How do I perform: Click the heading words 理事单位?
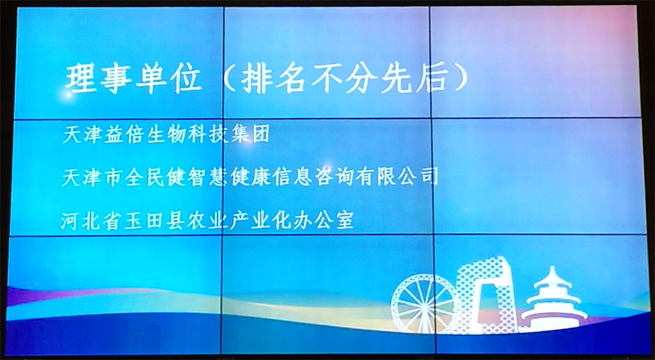click(x=133, y=79)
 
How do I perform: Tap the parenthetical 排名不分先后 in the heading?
click(x=345, y=79)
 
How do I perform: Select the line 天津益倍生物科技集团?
click(x=166, y=134)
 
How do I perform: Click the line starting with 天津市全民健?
click(x=250, y=176)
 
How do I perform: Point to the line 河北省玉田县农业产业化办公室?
click(x=207, y=220)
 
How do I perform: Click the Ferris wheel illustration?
click(x=424, y=304)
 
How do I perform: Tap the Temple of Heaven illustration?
click(x=553, y=300)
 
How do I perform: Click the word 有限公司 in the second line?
click(x=397, y=176)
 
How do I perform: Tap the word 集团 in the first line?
click(x=250, y=134)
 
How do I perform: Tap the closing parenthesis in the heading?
click(x=460, y=79)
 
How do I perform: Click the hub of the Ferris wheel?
click(x=424, y=305)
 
